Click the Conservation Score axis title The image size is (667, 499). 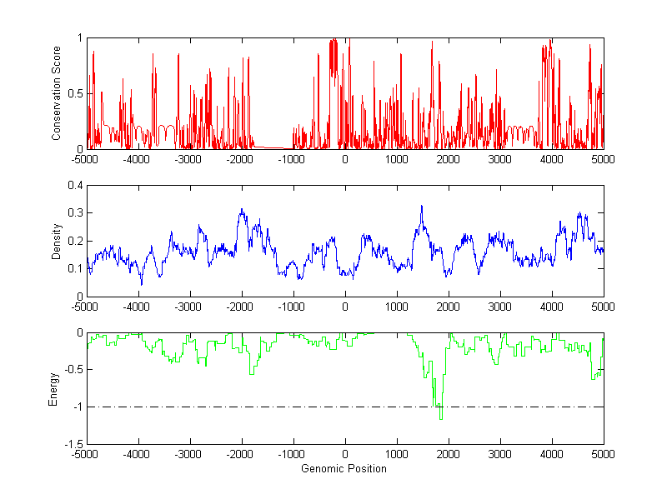pos(58,93)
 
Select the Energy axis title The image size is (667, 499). pos(54,388)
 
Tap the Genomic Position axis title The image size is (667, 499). pos(344,469)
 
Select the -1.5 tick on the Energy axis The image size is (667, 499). pos(73,444)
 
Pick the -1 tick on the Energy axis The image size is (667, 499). pos(78,407)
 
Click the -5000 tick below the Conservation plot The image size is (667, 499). pos(87,158)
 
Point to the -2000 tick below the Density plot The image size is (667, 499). pos(242,307)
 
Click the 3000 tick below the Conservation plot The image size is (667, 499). pos(500,158)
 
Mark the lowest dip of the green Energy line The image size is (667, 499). pos(441,418)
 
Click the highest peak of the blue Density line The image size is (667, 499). pos(422,206)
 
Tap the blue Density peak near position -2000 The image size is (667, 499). pos(242,210)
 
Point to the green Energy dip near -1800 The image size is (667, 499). pos(251,374)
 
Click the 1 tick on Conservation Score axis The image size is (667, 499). pos(79,38)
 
